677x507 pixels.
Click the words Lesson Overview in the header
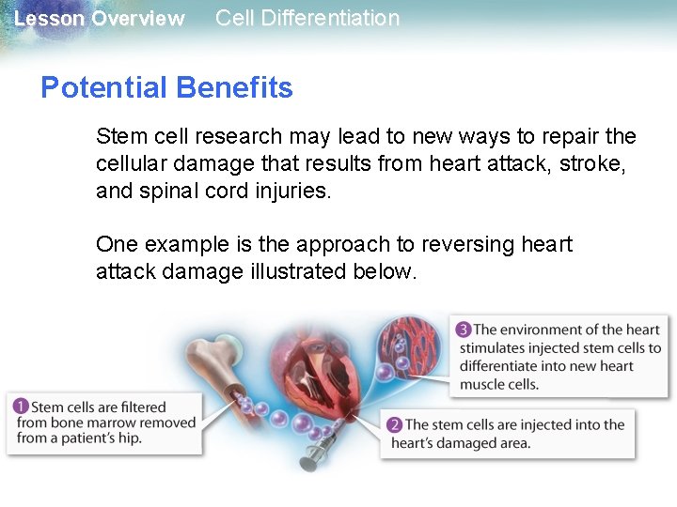(x=100, y=19)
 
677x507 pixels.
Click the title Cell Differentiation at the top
(x=307, y=18)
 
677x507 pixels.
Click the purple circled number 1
(x=20, y=407)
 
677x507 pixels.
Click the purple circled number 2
(x=394, y=425)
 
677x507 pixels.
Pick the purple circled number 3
(x=463, y=330)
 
